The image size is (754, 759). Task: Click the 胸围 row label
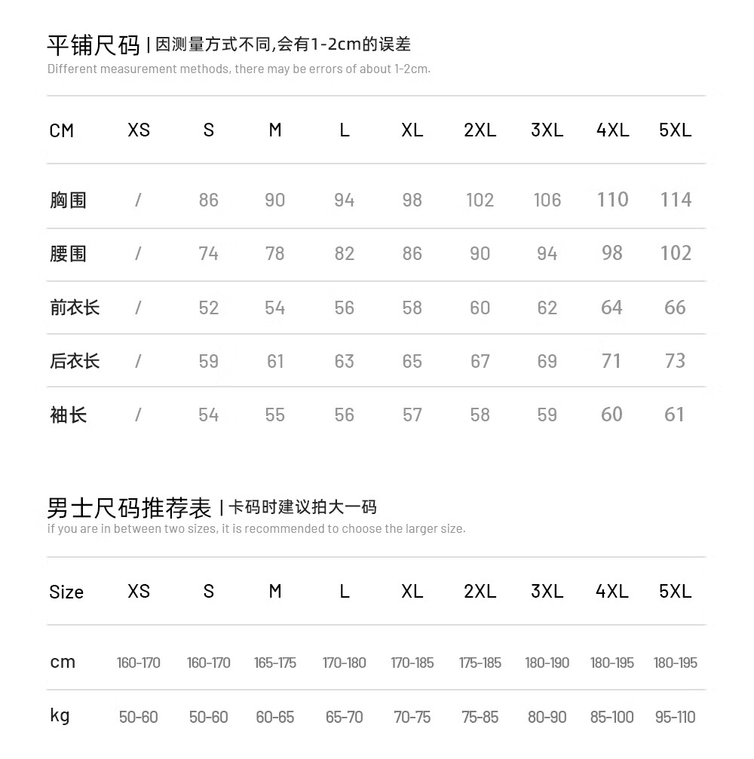point(68,200)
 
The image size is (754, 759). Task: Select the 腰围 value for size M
point(275,254)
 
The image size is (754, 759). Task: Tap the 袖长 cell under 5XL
point(675,415)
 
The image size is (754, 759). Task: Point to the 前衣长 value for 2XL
point(480,308)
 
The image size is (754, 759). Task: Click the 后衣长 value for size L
point(344,361)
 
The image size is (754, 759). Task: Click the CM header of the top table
point(62,130)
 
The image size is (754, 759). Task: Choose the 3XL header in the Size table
point(547,592)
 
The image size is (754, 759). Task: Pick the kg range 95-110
point(675,717)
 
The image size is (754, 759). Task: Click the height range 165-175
point(275,663)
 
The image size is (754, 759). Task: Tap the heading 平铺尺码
point(93,45)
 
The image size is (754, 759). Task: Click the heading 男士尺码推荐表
point(129,508)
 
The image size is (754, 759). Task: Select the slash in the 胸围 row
point(138,200)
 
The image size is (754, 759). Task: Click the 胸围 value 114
point(676,200)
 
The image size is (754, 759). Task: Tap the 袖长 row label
point(68,415)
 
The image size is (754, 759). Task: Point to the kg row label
point(60,716)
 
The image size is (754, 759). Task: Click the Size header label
point(66,592)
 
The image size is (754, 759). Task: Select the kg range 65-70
point(344,717)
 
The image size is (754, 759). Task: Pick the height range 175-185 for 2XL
point(480,663)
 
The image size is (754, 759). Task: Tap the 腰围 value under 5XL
point(676,253)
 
